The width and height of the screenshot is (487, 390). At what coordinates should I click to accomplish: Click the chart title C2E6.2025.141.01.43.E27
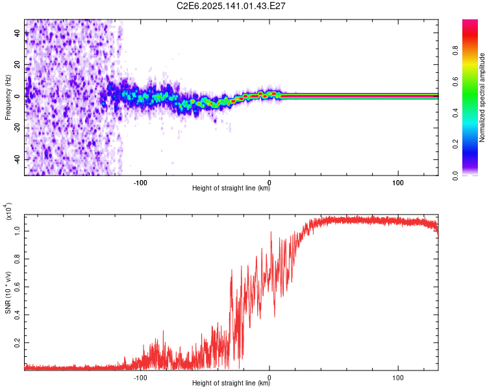click(x=231, y=6)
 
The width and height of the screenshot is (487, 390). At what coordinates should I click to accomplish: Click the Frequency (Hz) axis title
click(x=8, y=97)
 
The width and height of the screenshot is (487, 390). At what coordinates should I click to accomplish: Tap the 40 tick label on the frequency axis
click(x=18, y=33)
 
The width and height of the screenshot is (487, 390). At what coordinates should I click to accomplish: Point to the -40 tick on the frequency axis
click(x=18, y=159)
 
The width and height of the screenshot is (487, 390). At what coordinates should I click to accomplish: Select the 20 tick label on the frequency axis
click(x=18, y=65)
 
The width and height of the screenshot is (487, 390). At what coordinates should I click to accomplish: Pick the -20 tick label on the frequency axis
click(x=18, y=128)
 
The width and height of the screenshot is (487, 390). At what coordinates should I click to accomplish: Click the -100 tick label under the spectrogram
click(x=140, y=183)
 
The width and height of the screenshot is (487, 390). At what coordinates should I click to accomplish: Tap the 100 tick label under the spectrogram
click(x=398, y=183)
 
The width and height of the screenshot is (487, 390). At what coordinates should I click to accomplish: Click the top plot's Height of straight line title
click(x=231, y=188)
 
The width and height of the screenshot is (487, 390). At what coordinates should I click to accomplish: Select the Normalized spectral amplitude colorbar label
click(x=482, y=97)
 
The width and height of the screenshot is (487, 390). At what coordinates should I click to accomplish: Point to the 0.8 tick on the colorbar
click(x=455, y=50)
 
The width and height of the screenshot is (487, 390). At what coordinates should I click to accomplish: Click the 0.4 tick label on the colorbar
click(x=455, y=113)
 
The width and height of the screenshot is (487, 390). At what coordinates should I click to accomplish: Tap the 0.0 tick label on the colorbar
click(x=455, y=175)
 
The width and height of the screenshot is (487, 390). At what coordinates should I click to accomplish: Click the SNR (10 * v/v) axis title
click(x=8, y=292)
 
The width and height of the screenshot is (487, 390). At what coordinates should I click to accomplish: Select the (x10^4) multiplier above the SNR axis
click(x=8, y=211)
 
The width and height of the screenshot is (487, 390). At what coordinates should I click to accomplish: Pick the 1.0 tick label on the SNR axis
click(x=18, y=231)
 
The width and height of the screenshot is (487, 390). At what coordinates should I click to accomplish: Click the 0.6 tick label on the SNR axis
click(x=18, y=287)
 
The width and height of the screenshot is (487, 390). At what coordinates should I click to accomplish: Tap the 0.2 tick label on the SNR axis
click(x=18, y=343)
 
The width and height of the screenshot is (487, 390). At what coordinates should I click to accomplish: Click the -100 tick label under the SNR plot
click(x=140, y=378)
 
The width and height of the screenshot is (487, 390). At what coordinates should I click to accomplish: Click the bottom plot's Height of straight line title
click(x=231, y=383)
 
